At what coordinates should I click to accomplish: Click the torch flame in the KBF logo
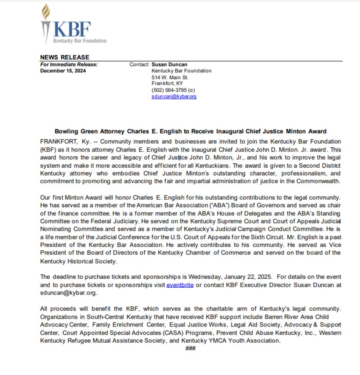pos(46,11)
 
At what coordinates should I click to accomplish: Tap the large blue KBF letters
pos(72,29)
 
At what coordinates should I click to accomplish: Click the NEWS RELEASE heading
pos(65,57)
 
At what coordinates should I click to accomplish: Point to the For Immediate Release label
pos(69,64)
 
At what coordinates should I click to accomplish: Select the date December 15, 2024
pos(63,71)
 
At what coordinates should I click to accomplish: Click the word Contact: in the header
pos(139,64)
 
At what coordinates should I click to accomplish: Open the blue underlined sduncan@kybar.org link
pos(174,96)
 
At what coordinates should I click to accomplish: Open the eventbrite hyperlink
pos(180,285)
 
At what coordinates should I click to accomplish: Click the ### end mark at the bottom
pos(191,348)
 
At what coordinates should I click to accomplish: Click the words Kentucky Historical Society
pos(78,261)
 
